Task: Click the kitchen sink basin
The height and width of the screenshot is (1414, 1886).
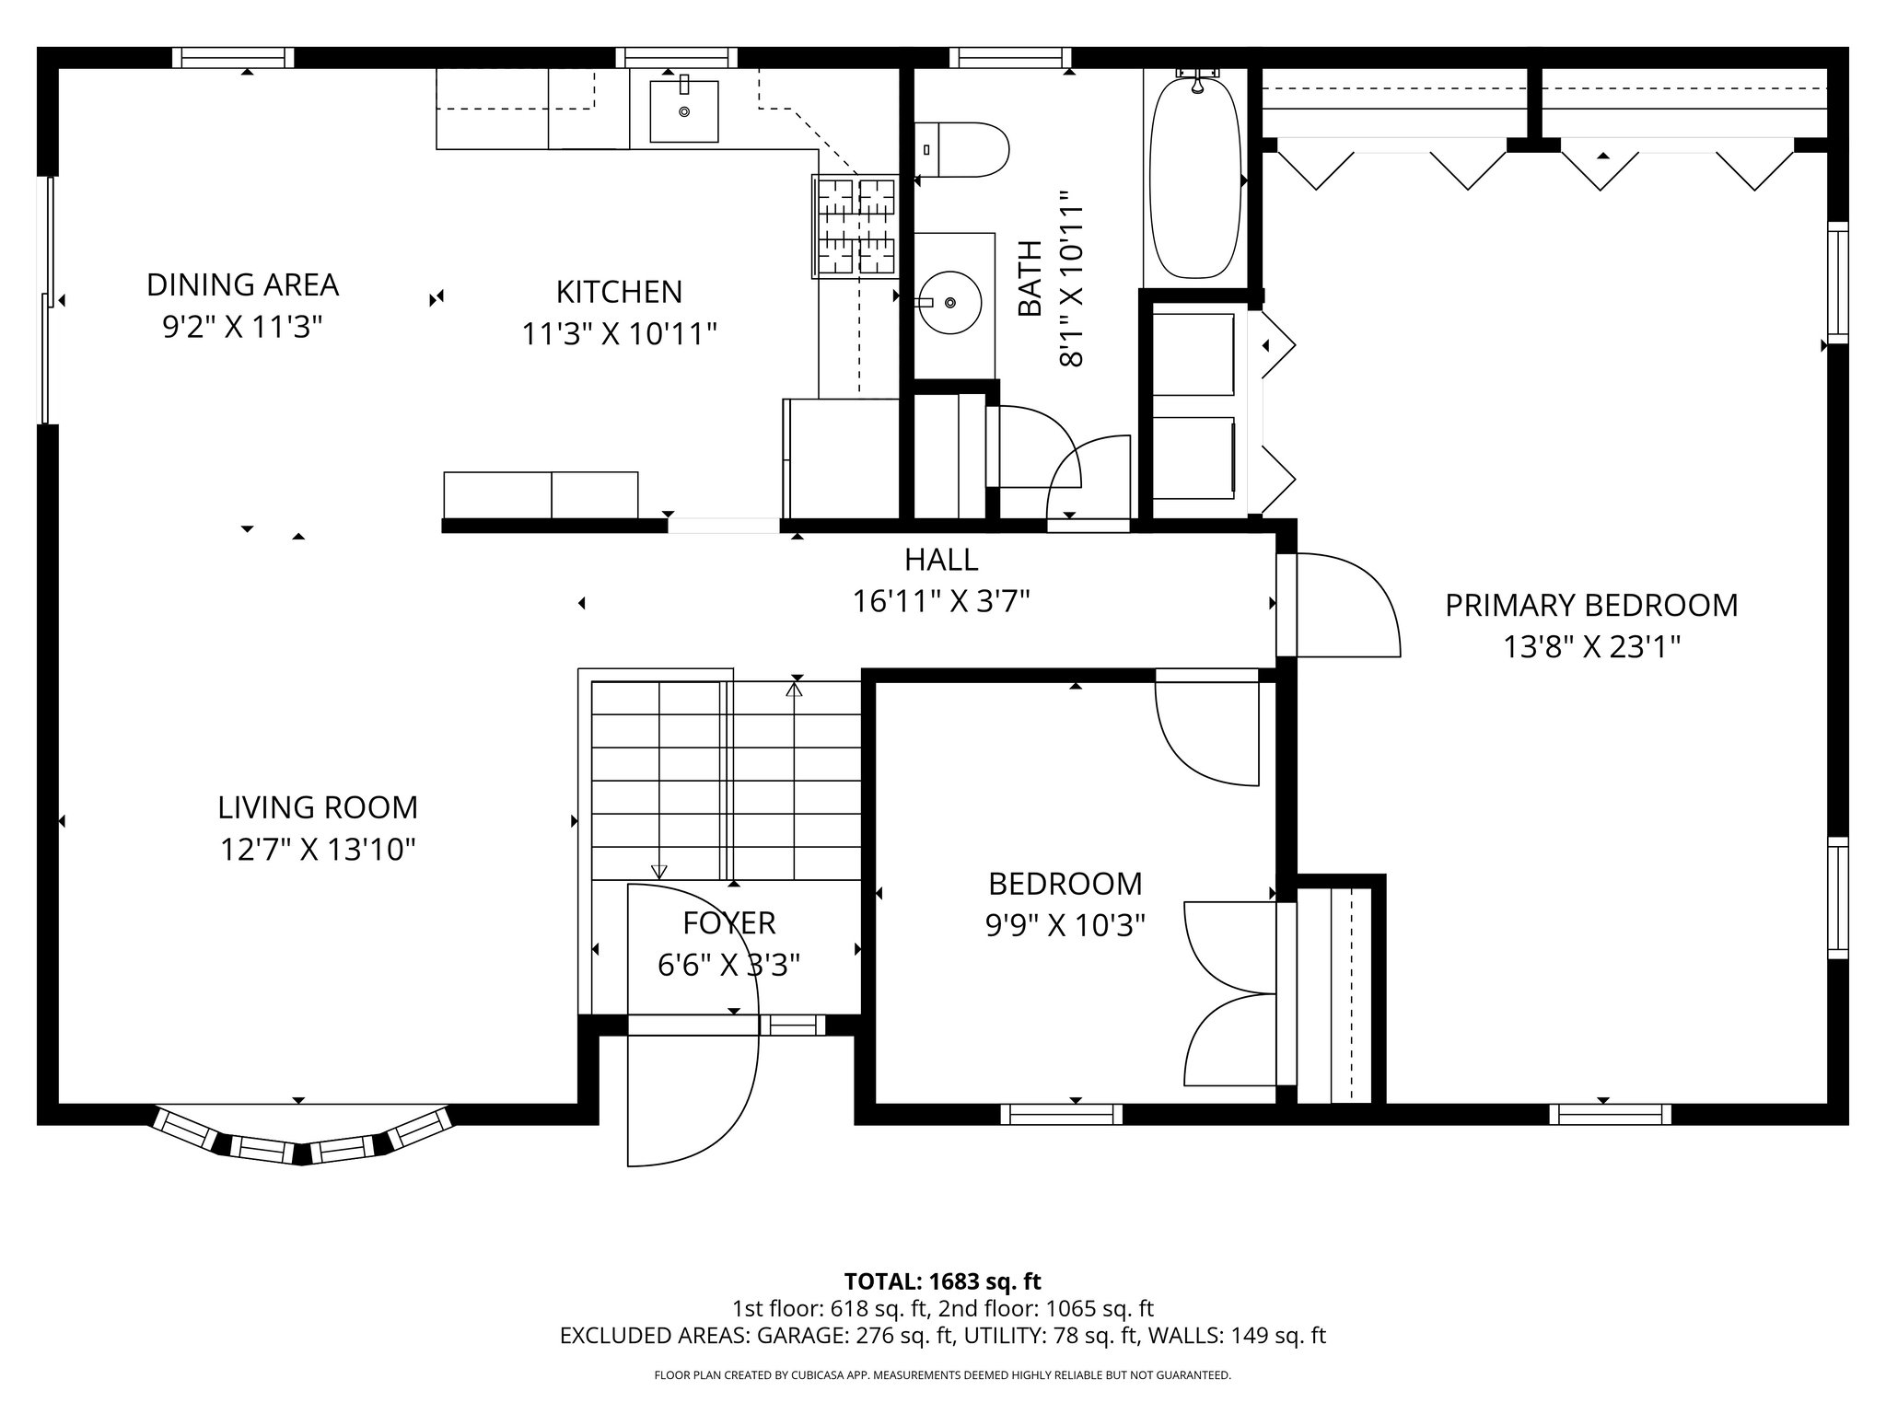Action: coord(683,111)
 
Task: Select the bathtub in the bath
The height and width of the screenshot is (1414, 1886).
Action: coord(1194,179)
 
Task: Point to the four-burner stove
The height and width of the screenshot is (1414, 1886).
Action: coord(855,226)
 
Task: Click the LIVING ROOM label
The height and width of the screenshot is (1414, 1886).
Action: coord(318,807)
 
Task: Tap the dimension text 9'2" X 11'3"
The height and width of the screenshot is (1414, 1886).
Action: coord(242,327)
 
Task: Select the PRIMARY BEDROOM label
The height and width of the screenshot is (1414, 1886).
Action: coord(1590,606)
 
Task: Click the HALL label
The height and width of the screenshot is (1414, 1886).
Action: coord(940,559)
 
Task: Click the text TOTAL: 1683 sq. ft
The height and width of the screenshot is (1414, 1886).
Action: coord(942,1281)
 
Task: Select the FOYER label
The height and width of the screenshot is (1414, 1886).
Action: coord(728,922)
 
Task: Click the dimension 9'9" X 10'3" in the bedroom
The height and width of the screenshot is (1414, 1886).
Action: coord(1065,925)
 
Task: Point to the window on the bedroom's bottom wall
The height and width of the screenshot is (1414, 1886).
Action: coord(1061,1114)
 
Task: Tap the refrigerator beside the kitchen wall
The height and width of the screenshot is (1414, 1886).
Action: coord(841,458)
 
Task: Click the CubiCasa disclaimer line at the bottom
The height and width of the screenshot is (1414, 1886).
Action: coord(942,1375)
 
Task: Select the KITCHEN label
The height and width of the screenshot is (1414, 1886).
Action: coord(619,292)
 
